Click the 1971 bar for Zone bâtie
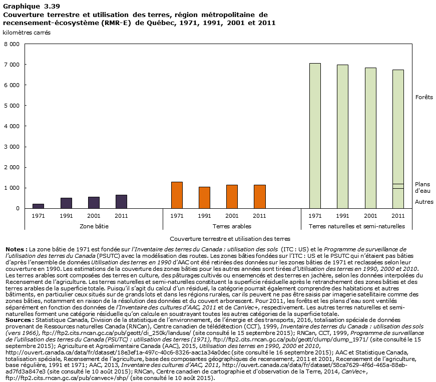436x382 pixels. (38, 206)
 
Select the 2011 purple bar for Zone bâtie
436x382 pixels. (121, 201)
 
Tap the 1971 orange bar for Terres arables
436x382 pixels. (177, 195)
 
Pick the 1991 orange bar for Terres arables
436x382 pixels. (204, 197)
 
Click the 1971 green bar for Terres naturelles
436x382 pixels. (315, 136)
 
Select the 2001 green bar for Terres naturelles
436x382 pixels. (370, 138)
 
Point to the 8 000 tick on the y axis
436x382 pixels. (12, 44)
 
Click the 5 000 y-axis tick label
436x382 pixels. (12, 106)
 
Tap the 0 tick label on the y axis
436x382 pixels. (17, 208)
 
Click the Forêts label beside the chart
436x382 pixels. (423, 97)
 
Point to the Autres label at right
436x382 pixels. (423, 202)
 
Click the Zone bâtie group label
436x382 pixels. (94, 226)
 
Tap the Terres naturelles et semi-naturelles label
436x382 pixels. (356, 226)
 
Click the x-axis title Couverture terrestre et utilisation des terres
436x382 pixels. (230, 239)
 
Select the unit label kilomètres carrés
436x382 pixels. (27, 32)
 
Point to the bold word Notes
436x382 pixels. (16, 249)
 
